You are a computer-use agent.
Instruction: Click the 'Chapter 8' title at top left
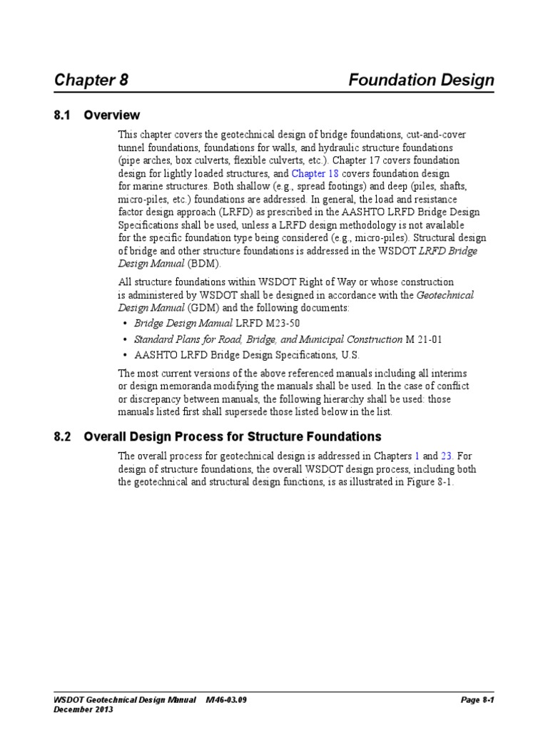[x=91, y=80]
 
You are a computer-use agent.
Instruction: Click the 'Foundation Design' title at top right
[x=421, y=80]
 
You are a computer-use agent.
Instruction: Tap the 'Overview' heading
[x=112, y=115]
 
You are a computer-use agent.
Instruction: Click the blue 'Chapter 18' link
[x=315, y=174]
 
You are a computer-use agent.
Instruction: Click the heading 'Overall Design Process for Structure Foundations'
[x=233, y=436]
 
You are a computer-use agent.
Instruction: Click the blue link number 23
[x=447, y=456]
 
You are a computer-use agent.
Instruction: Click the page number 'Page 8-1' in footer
[x=477, y=700]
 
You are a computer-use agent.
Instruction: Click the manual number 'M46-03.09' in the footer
[x=226, y=700]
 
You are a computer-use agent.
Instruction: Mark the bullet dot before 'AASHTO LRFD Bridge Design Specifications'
[x=126, y=356]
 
